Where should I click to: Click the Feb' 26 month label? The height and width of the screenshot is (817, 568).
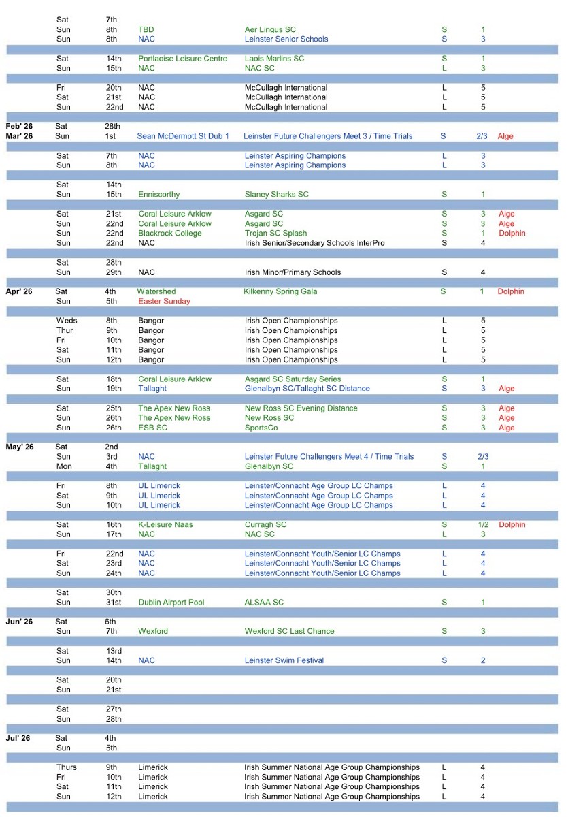[19, 126]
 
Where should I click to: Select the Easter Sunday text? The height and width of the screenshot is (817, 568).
[164, 301]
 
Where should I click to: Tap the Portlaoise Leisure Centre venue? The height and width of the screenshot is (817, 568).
[182, 59]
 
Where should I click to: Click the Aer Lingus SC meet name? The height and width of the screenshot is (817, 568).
[270, 29]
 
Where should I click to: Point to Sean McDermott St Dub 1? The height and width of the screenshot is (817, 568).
[183, 136]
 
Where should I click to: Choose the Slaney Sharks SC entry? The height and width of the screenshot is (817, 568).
[276, 194]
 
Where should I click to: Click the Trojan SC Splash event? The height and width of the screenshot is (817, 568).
[275, 233]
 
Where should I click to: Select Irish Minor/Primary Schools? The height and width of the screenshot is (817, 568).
[293, 272]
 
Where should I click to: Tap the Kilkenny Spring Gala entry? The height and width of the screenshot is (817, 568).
[280, 291]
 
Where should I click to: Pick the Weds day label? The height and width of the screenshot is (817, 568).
[67, 321]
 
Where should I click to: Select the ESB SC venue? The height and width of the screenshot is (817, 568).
[152, 428]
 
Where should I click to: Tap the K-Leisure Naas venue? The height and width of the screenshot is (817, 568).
[167, 525]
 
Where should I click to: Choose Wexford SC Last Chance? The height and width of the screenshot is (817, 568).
[289, 631]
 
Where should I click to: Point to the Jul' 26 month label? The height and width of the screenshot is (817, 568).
[18, 738]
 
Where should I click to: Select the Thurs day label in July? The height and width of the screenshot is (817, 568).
[67, 767]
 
